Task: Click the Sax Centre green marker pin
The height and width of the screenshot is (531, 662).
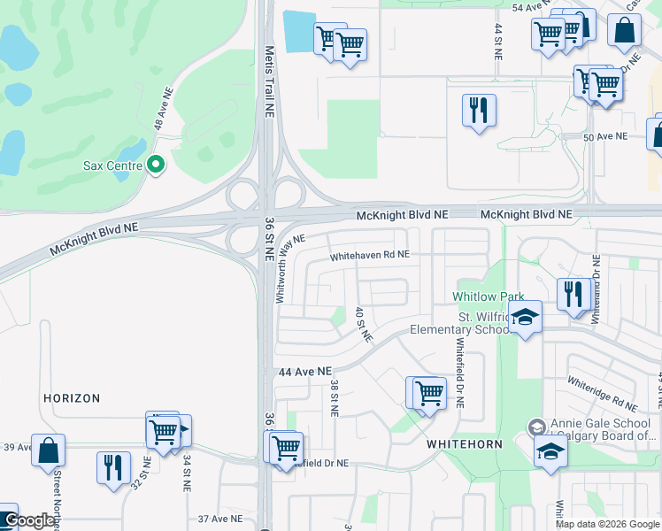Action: coord(157,165)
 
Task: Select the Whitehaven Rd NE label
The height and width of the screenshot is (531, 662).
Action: coord(369,255)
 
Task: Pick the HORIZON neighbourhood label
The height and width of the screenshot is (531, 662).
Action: coord(72,399)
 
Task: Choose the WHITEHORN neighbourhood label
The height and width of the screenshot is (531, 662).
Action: coord(465,443)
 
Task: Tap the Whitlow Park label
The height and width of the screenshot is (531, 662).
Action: coord(489,296)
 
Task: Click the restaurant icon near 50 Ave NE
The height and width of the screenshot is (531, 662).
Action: coord(479,111)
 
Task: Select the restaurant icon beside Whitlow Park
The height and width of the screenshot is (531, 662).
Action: coord(574,293)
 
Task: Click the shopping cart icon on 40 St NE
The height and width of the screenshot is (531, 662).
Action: coord(428,392)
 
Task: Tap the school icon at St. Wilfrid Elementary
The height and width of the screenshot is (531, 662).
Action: coord(525,319)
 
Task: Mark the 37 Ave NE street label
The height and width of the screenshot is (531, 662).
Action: coord(220,519)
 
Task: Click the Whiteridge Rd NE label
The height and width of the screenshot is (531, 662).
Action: coord(602,394)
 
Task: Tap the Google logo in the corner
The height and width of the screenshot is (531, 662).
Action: coord(29,521)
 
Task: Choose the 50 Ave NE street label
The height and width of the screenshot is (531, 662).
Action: coord(605,136)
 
